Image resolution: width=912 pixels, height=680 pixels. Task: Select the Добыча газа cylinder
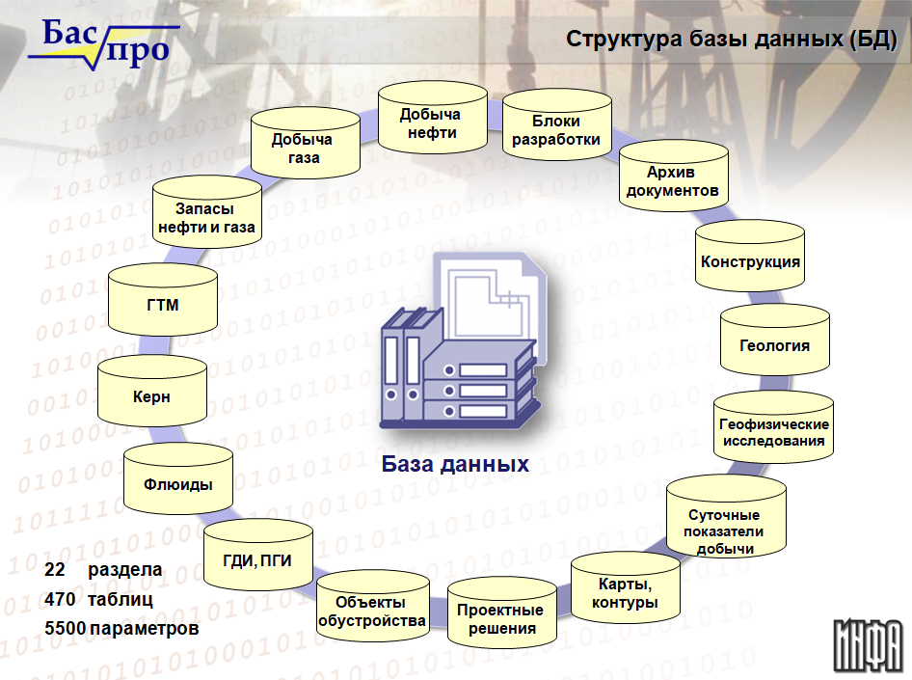[306, 143]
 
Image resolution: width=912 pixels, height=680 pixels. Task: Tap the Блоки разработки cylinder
[556, 125]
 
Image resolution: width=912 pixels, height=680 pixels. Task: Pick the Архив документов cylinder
[674, 177]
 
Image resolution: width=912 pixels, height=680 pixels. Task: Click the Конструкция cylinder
[750, 256]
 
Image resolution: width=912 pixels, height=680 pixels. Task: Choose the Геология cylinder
[775, 340]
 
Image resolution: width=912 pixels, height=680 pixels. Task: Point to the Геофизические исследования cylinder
[773, 427]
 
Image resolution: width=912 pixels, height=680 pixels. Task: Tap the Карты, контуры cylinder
[626, 587]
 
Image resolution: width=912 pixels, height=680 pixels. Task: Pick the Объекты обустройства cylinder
[373, 607]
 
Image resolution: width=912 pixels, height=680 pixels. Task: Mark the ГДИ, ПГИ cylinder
[258, 556]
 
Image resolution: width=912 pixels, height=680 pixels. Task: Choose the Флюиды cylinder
[178, 479]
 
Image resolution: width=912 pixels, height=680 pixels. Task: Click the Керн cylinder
[151, 392]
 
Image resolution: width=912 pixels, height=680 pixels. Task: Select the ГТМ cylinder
[163, 300]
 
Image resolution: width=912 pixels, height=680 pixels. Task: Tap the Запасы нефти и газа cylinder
[207, 212]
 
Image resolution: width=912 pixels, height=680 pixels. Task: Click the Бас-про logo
[103, 43]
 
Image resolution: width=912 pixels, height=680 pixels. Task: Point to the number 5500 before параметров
[65, 628]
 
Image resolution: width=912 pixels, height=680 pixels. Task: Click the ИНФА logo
[868, 645]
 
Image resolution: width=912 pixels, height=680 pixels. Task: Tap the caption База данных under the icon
[455, 464]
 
